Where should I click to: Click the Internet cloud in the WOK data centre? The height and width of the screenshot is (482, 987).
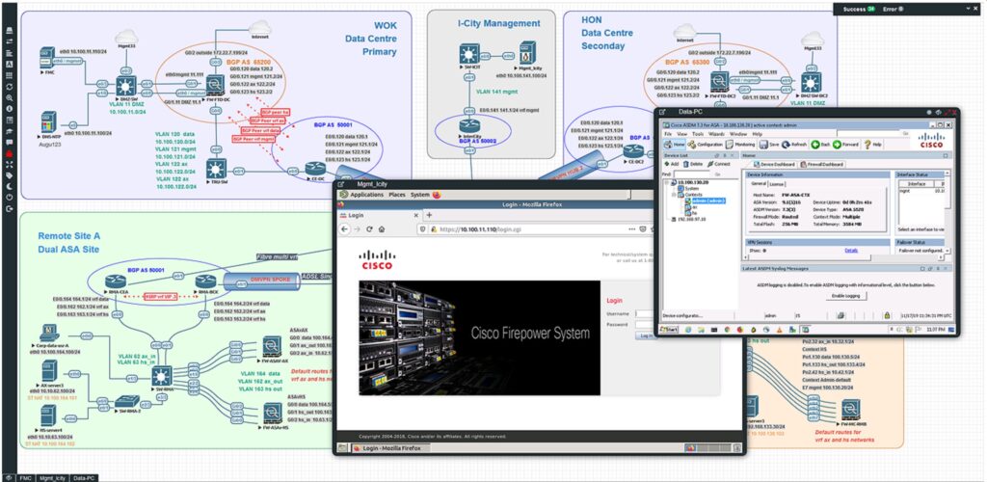tap(259, 32)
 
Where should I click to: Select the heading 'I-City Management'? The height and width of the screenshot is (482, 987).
tap(498, 23)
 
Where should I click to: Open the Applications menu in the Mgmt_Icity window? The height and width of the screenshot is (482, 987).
tap(367, 195)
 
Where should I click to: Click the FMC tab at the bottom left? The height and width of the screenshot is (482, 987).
tap(26, 477)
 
